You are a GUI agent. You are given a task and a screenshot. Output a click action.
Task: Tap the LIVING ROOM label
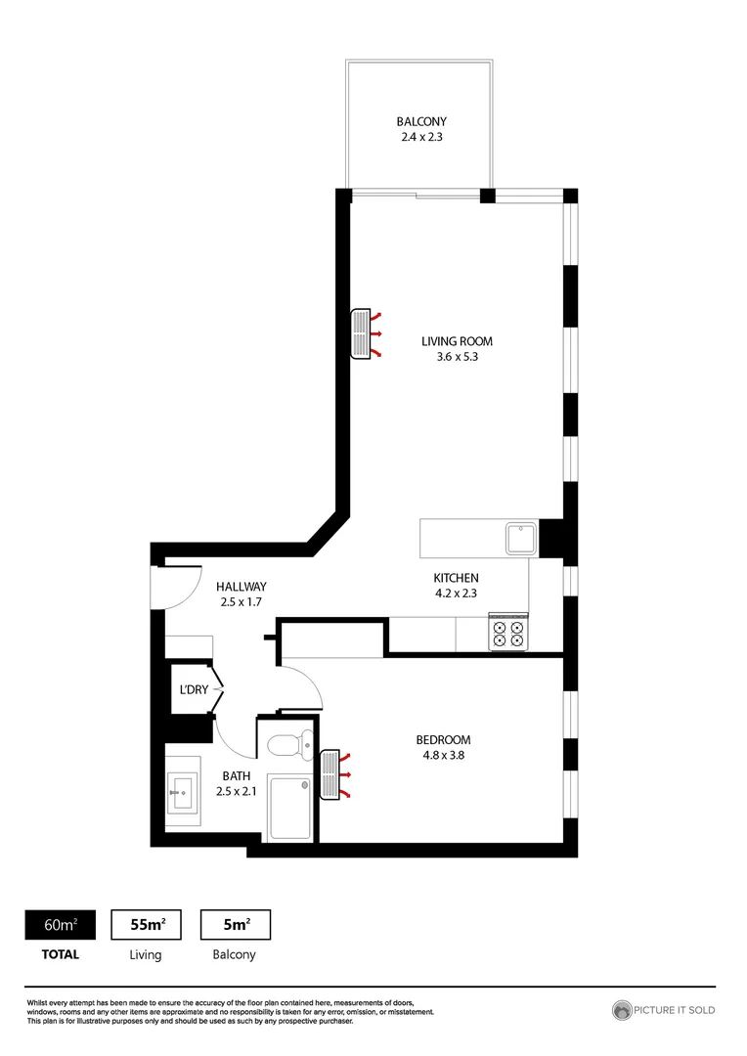coord(457,341)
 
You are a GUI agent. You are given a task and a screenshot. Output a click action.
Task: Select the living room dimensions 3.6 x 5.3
coord(457,357)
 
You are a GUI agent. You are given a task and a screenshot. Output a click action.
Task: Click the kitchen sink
coord(519,537)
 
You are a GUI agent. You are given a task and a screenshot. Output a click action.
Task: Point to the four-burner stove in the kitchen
coord(508,634)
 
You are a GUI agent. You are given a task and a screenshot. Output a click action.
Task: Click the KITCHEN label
coord(456,578)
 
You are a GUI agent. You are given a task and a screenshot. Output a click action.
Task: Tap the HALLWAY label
coord(242,587)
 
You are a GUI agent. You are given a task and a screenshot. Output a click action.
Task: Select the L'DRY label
coord(191,690)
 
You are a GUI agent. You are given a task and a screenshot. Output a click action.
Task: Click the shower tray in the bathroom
coord(292,807)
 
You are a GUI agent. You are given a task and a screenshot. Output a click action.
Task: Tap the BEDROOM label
coord(443,740)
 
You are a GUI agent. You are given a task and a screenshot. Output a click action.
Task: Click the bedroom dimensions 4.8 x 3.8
coord(443,755)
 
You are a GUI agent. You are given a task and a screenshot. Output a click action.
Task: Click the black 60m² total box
coord(60,924)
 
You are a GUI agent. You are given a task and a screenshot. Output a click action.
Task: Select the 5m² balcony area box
coord(235,924)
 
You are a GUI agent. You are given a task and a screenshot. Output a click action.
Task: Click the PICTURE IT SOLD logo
coord(664,1009)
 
